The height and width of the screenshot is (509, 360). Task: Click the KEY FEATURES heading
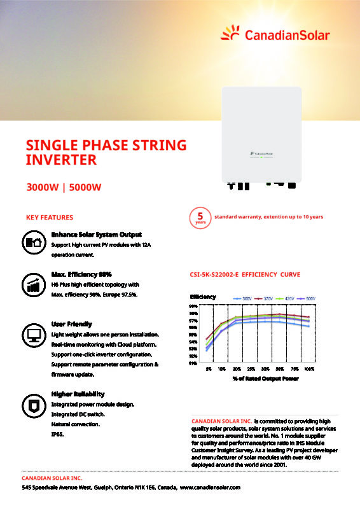(49, 217)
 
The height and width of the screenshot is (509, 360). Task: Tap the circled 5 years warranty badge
(201, 218)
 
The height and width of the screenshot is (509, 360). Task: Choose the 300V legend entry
(241, 298)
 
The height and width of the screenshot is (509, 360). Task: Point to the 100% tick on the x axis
(309, 368)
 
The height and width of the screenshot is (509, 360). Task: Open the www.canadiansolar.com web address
(211, 487)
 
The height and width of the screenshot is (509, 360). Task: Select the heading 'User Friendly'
(71, 324)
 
